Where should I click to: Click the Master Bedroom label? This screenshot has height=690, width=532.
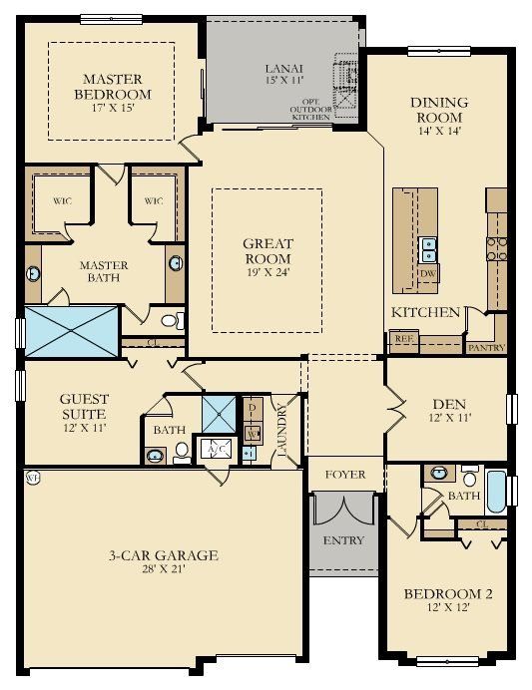pos(112,87)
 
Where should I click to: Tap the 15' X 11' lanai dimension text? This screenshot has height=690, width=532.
pos(283,79)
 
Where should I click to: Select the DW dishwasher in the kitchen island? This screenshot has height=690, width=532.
pos(428,273)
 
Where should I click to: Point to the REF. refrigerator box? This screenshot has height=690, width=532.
pos(403,339)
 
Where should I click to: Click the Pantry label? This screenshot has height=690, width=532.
pos(486,348)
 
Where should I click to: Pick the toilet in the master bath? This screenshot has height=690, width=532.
pos(173,320)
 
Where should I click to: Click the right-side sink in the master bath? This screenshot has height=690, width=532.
pos(176,263)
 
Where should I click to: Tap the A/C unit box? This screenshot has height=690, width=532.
pos(214,449)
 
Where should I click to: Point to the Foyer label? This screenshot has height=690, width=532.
pos(345,475)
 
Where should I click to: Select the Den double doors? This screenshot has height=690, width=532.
pos(392,409)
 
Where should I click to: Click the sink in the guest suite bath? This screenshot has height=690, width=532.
pos(155,456)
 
